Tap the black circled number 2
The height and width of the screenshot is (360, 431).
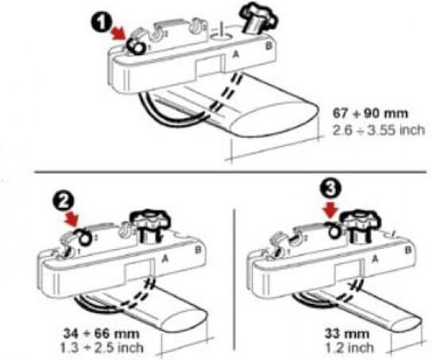[x=63, y=203]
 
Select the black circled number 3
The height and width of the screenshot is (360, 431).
[x=330, y=189]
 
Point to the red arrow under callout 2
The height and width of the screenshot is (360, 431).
[x=72, y=220]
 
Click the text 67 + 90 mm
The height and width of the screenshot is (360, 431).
[x=370, y=113]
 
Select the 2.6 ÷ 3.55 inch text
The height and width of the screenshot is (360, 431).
[x=378, y=129]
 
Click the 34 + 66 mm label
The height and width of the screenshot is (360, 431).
[x=101, y=334]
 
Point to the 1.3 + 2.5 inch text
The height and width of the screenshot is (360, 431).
[x=101, y=348]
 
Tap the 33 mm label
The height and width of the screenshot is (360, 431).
[x=346, y=334]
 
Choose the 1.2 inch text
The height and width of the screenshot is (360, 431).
[x=350, y=348]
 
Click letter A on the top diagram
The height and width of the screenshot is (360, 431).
[x=235, y=55]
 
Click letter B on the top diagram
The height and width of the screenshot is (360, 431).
[x=268, y=45]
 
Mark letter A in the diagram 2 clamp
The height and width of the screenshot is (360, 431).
[x=164, y=259]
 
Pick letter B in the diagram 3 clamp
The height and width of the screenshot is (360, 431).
[x=408, y=250]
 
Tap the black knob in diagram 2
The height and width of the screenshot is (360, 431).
[x=150, y=224]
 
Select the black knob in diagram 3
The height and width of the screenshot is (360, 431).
[x=360, y=224]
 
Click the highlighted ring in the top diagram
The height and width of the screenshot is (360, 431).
[x=135, y=45]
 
